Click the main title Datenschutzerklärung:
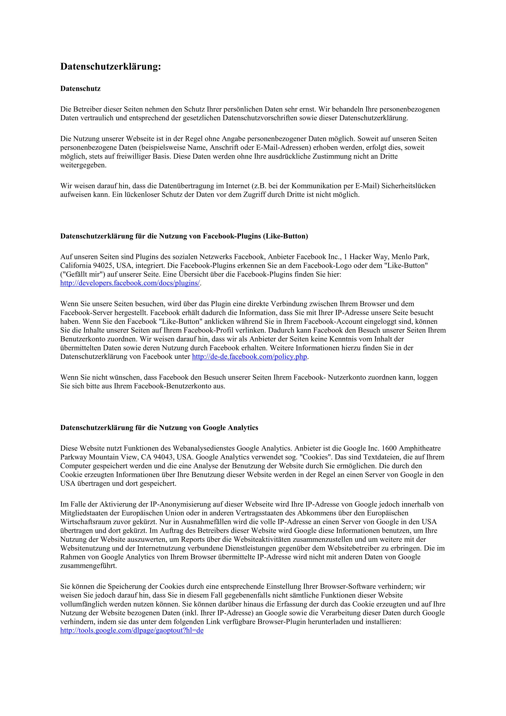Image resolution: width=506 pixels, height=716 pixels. pos(110,67)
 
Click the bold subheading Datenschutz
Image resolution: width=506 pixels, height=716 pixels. pos(80,89)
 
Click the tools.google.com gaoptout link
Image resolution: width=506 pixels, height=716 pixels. pos(132,630)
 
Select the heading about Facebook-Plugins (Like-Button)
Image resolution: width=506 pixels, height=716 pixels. pos(184,236)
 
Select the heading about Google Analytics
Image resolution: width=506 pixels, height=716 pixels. pos(159,428)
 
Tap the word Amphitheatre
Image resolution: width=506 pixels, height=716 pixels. pos(420,448)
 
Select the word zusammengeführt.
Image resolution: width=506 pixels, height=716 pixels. pos(88,566)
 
